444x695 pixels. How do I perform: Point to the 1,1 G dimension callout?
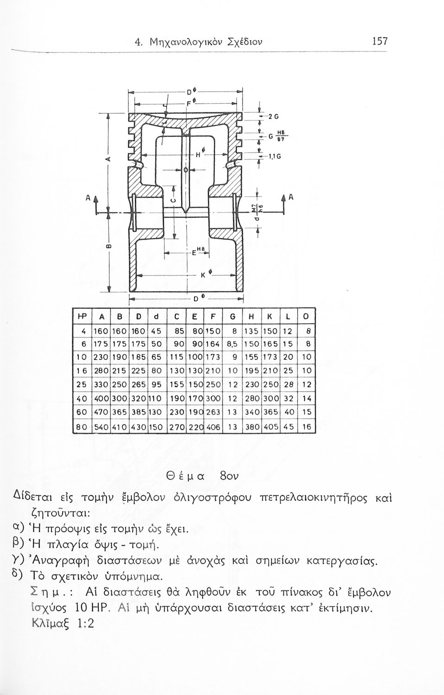[x=272, y=158]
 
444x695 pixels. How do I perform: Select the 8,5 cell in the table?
[x=231, y=344]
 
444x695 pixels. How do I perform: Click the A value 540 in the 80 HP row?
[x=100, y=425]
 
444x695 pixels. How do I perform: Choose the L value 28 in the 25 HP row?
[x=288, y=385]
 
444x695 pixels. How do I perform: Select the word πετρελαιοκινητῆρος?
[x=323, y=499]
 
